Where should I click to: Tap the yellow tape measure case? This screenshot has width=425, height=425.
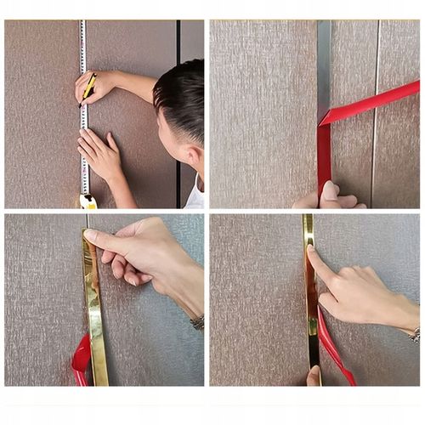(x=88, y=201)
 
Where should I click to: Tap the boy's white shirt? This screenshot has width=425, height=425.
(x=196, y=195)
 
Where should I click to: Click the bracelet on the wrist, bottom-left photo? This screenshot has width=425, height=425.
(x=197, y=322)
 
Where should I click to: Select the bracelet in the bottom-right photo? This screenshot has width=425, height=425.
(x=414, y=334)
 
